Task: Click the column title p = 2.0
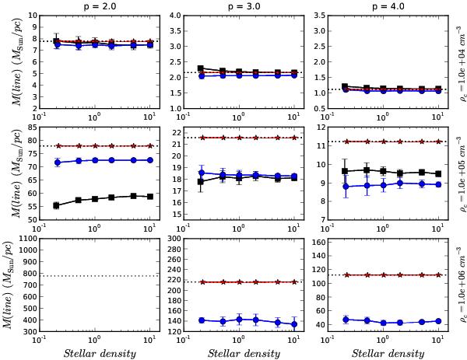point(96,5)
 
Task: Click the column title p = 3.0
point(238,5)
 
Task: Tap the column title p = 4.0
point(379,5)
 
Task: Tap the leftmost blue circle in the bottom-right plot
point(346,319)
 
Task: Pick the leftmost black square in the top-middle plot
point(201,68)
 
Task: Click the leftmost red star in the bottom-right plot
point(346,274)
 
